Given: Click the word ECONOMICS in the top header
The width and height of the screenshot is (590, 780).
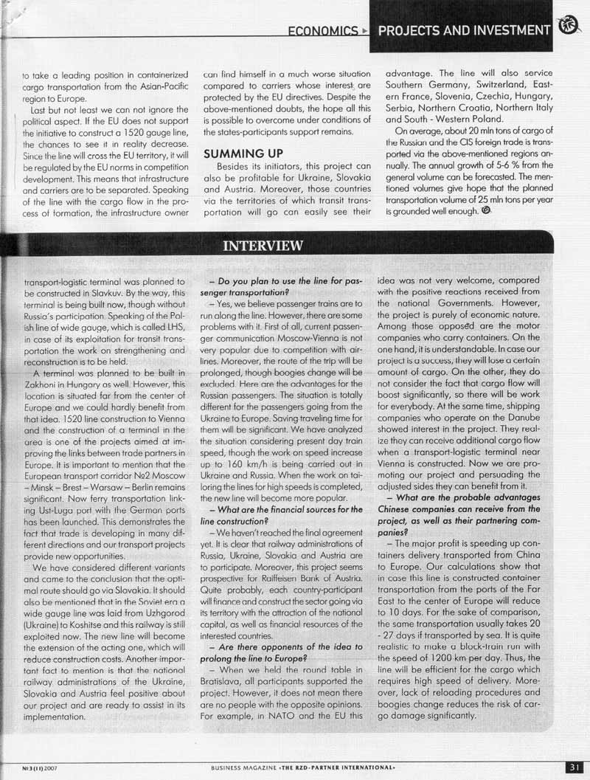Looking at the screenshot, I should pos(322,31).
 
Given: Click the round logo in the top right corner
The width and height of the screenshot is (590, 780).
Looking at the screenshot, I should pos(569,27).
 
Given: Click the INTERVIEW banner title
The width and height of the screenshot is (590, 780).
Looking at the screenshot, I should pos(260,246).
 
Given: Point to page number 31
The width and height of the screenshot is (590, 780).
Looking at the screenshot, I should pos(575,767).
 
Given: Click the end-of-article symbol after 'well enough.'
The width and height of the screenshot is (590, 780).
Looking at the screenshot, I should pos(485,210).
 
